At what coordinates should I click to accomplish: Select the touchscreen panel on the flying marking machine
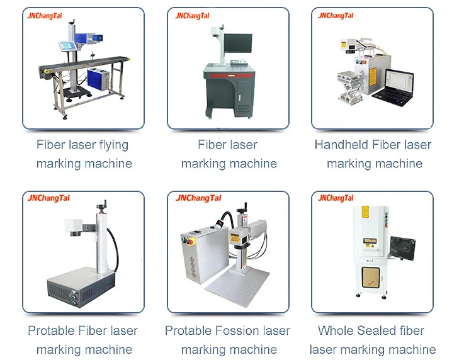tap(66, 45)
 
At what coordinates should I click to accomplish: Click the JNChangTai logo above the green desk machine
tap(193, 16)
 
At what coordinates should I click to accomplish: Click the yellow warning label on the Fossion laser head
tap(239, 237)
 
